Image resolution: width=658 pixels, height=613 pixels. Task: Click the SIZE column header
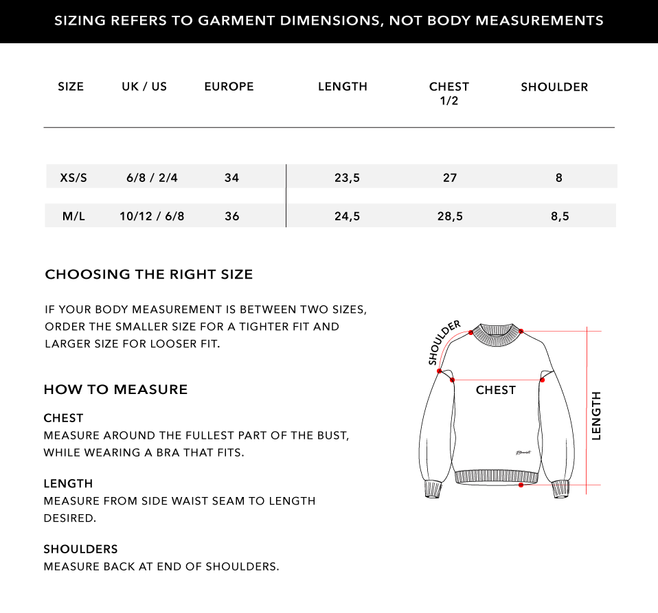(x=71, y=86)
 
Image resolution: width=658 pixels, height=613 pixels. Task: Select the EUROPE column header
(x=229, y=86)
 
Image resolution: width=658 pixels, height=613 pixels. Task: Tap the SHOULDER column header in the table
(x=554, y=87)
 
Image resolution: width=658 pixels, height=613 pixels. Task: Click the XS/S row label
(x=73, y=178)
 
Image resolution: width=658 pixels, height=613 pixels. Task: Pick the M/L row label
(x=73, y=216)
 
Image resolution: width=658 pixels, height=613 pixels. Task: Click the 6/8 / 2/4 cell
(x=152, y=178)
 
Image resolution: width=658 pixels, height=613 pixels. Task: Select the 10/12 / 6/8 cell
(x=152, y=216)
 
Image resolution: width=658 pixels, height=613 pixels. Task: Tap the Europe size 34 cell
(x=231, y=178)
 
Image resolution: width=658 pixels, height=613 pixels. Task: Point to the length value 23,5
(x=347, y=178)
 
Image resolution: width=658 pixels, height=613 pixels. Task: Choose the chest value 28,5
(x=450, y=216)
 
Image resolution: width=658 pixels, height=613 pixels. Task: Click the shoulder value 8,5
(x=560, y=216)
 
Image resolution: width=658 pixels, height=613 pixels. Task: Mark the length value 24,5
(x=347, y=216)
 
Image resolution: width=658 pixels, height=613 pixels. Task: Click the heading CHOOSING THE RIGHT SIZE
(x=149, y=275)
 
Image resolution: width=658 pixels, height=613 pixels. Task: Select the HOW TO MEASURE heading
(x=115, y=390)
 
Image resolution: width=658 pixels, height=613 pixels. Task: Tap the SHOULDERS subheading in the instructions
(x=80, y=549)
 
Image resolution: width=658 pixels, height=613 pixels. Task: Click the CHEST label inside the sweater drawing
(x=495, y=390)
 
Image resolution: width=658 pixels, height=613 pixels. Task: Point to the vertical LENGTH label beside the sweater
(x=595, y=415)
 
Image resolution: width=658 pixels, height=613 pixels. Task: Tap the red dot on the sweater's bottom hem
(x=521, y=485)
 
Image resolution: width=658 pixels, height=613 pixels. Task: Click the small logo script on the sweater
(x=524, y=452)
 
